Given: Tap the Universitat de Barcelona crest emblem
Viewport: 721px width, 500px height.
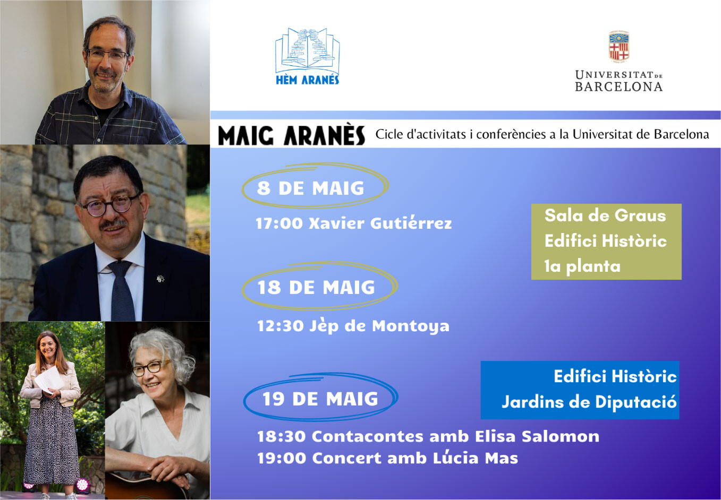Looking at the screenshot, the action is point(618,46).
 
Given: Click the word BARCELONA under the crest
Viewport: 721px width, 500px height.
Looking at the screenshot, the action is point(618,87).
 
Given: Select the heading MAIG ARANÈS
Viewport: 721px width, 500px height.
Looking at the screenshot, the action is point(291,135).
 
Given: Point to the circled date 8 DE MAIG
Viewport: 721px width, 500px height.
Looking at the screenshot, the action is point(310,188).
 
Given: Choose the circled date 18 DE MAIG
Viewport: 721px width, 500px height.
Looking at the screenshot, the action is point(316,287).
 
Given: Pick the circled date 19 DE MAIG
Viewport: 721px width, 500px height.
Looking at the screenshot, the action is point(320,399).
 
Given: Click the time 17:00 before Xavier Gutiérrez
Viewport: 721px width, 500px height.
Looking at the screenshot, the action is point(279,223).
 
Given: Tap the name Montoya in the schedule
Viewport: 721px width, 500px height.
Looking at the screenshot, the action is point(410,326).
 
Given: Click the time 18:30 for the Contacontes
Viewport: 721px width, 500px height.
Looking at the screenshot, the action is point(281,437).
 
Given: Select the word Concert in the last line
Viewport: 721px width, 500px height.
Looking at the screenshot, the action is point(346,458).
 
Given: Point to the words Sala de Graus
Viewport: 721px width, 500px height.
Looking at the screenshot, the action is point(605,215).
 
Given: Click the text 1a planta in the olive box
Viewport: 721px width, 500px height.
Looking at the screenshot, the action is point(582,266).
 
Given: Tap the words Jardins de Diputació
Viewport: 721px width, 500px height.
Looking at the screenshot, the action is point(589,402).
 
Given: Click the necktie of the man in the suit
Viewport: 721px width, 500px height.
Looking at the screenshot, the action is point(122,290).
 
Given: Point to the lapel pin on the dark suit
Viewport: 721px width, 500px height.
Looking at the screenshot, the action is point(160,279).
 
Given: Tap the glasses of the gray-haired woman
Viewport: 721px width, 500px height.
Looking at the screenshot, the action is point(151,368).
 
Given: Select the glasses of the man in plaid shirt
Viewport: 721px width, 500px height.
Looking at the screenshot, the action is point(107,55).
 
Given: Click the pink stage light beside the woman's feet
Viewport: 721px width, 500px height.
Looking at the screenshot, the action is point(82,485).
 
